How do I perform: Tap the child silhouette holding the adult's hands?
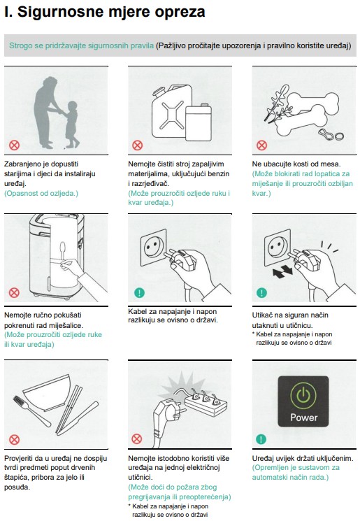click(x=71, y=124)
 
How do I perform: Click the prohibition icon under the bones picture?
click(x=261, y=145)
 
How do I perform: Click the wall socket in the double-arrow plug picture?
click(x=277, y=247)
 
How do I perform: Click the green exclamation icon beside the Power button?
click(x=261, y=439)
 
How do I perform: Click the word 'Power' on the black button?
click(x=304, y=417)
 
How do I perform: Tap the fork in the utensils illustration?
click(x=31, y=411)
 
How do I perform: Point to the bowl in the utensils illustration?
click(x=48, y=392)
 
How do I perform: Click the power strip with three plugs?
click(x=206, y=404)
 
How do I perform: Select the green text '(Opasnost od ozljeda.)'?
click(x=41, y=193)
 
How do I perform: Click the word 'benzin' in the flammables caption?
click(x=218, y=173)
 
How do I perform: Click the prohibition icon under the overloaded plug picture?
click(x=137, y=439)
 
